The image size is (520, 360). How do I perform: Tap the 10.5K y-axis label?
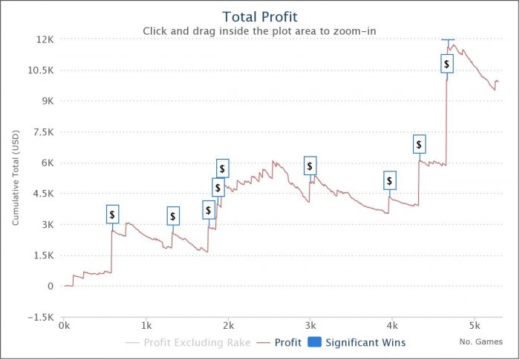40,70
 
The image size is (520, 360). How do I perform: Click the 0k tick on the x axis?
65,325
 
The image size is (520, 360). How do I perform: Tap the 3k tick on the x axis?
311,325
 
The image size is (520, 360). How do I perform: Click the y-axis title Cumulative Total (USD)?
15,178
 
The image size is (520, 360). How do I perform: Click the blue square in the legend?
314,343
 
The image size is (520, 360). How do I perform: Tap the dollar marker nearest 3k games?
310,166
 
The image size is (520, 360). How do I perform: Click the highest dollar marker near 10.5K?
446,64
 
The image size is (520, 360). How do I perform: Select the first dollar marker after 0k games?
112,215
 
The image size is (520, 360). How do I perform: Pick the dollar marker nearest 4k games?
390,180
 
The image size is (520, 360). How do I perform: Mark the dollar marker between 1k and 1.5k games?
173,216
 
